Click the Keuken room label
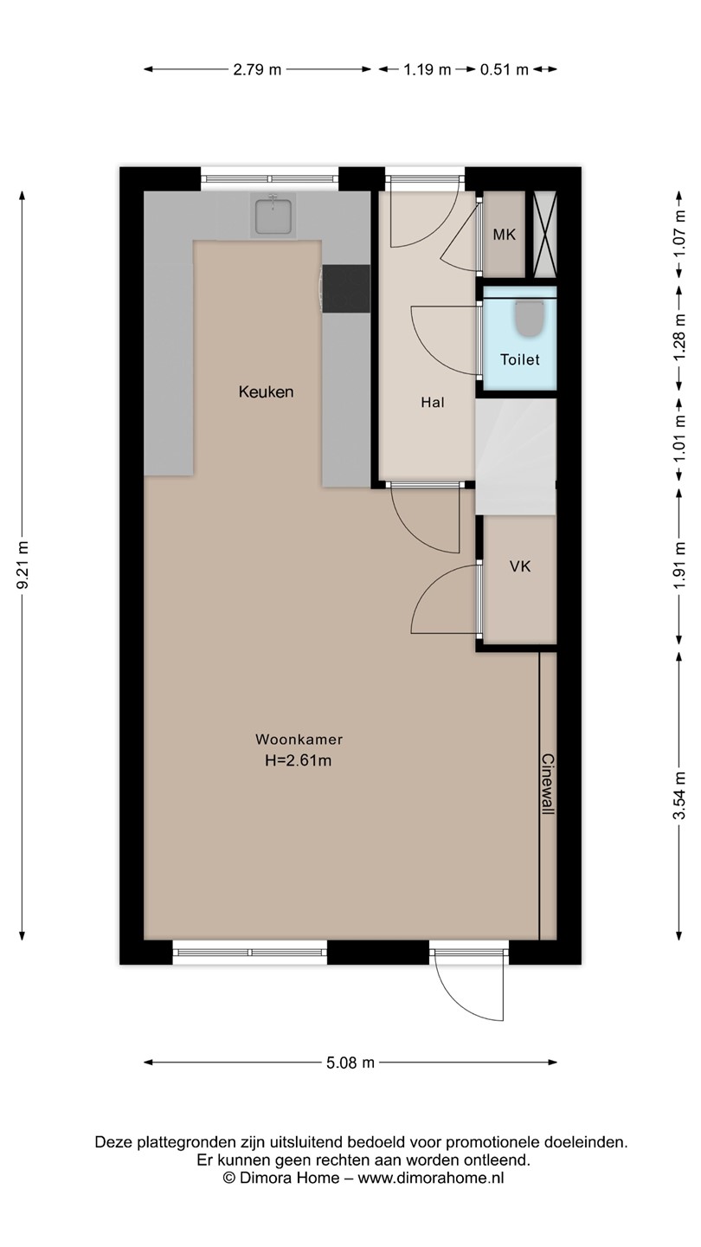coord(266,392)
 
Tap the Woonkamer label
coord(299,740)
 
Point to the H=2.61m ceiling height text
coord(299,760)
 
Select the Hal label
coord(433,402)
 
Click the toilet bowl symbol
coord(529,319)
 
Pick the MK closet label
coord(504,235)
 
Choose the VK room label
coord(520,566)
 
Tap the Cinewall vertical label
coord(548,785)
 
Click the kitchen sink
coord(273,216)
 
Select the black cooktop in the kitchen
coord(346,288)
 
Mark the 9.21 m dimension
coord(23,565)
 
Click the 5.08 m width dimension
coord(350,1063)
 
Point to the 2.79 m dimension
coord(257,69)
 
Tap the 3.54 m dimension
coord(678,796)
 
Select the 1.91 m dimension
coord(678,565)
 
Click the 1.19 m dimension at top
coord(428,69)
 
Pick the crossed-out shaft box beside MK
coord(544,235)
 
